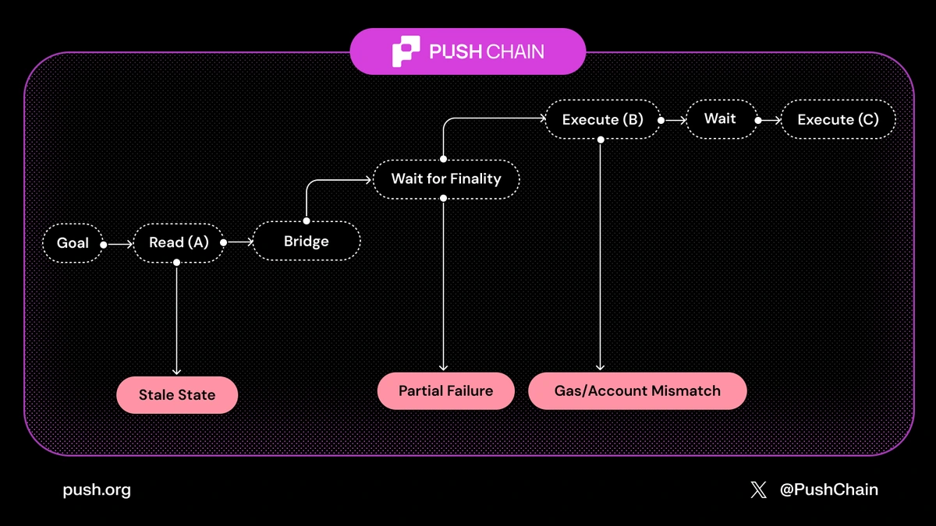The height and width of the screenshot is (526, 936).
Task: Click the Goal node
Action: [x=73, y=243]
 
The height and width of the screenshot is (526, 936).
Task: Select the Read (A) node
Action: [x=179, y=242]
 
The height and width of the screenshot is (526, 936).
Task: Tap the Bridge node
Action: [x=306, y=242]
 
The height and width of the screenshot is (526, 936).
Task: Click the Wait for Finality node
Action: [x=445, y=178]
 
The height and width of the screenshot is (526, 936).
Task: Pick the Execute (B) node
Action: [x=602, y=120]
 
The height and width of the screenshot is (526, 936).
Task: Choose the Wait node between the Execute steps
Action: [x=720, y=119]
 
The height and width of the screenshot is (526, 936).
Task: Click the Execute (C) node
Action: [x=838, y=120]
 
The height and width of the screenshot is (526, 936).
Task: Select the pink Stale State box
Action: [x=177, y=395]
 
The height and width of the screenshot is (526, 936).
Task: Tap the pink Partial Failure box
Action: [x=445, y=391]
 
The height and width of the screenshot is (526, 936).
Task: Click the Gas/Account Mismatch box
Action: [x=637, y=391]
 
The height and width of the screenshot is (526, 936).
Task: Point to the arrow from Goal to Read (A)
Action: [x=119, y=244]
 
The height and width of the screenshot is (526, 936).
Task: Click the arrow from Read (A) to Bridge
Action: [x=239, y=242]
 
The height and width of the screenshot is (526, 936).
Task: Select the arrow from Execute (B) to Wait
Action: [x=673, y=121]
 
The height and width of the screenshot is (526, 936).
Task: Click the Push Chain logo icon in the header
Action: [x=406, y=51]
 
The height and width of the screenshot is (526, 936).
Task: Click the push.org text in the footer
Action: [x=97, y=490]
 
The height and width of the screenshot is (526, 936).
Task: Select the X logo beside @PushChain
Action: [x=758, y=490]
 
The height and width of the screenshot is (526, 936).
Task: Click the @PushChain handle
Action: [x=828, y=490]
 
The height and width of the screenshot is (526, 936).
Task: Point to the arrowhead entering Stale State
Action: [x=177, y=371]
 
